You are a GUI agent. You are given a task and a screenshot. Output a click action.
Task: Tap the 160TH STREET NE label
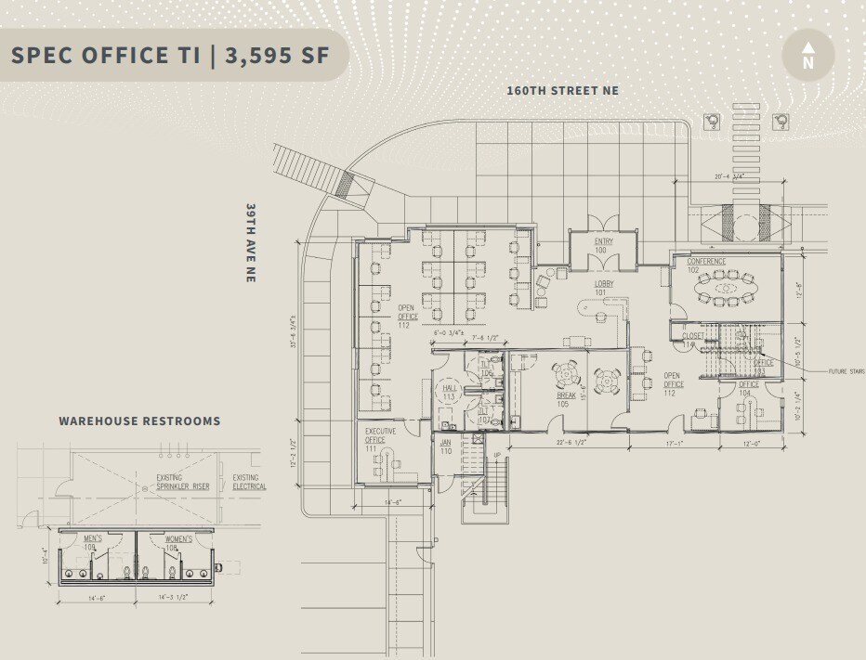(x=562, y=91)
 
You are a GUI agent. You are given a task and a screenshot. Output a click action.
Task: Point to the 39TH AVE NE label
(x=251, y=242)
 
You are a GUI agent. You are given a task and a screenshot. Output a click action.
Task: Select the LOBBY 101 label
(x=606, y=287)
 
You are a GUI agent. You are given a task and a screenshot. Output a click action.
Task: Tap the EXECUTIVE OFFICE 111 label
(x=380, y=439)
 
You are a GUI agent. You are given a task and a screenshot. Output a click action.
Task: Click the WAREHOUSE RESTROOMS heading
(x=139, y=421)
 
